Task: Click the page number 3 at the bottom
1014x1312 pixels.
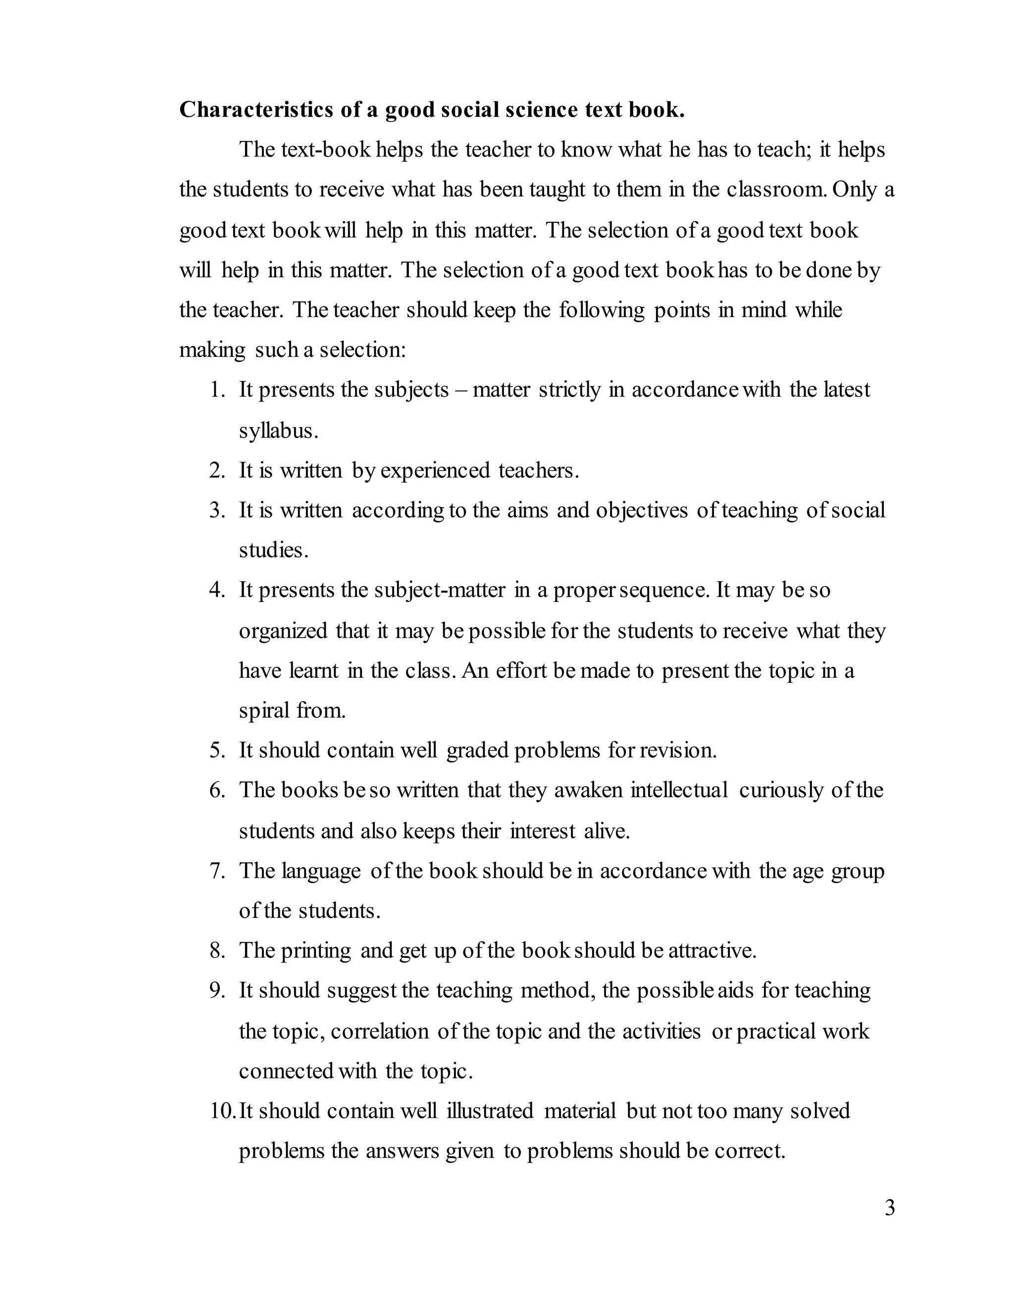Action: coord(890,1208)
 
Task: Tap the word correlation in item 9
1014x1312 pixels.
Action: coord(380,1031)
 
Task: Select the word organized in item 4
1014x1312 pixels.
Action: coord(283,631)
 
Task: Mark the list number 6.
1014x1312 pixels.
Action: coord(217,790)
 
